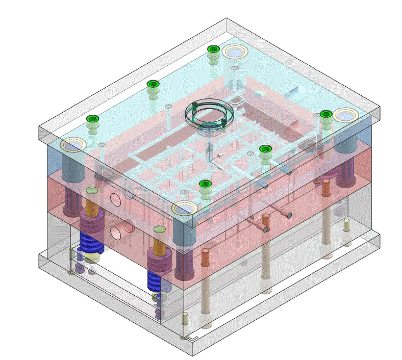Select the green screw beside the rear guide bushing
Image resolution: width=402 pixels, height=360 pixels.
[213, 49]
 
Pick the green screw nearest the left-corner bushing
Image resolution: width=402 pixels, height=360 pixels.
[92, 119]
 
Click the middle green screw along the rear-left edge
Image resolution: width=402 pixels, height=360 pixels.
[152, 84]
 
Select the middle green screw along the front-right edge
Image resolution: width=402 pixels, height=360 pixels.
[265, 149]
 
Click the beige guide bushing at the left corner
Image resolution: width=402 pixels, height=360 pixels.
[72, 145]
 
